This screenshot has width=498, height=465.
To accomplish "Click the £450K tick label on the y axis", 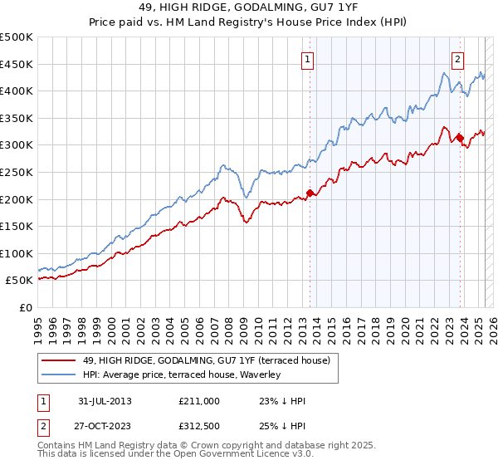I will pos(17,64).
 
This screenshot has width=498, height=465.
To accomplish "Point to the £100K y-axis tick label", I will pos(17,253).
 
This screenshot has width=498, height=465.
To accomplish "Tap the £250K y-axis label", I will pos(17,172).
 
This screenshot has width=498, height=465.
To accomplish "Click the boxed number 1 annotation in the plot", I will pos(308,59).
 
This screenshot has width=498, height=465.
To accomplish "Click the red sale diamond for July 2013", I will pos(310,193).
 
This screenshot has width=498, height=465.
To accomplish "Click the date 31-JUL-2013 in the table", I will pos(104,401).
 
